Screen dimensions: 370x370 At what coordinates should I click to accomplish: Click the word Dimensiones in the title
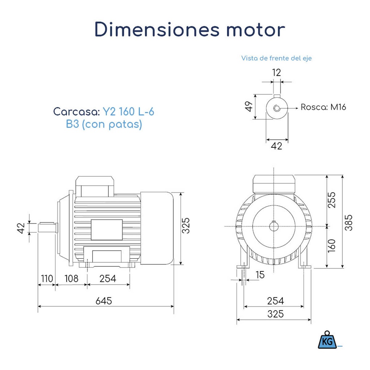(157, 29)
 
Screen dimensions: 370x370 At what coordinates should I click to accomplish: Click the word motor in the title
(255, 29)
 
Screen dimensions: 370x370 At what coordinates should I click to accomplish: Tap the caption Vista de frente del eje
(276, 58)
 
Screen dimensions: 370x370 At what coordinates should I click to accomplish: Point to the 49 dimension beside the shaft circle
(248, 107)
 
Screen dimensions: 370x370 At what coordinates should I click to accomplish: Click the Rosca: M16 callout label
(323, 107)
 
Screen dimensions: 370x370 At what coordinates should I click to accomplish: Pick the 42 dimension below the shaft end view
(276, 146)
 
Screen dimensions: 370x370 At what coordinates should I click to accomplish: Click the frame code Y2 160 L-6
(128, 111)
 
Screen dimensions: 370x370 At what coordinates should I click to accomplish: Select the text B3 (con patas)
(104, 124)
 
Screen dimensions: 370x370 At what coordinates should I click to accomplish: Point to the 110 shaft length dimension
(46, 279)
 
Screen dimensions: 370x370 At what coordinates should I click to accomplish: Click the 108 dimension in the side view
(71, 279)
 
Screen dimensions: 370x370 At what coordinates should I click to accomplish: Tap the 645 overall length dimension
(104, 301)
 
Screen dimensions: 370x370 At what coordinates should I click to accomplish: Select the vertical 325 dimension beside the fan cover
(186, 225)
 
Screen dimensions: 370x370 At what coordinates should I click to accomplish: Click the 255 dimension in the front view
(332, 199)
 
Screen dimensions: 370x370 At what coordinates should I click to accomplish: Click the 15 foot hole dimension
(260, 275)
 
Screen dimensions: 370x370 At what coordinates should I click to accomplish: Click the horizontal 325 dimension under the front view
(275, 314)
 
